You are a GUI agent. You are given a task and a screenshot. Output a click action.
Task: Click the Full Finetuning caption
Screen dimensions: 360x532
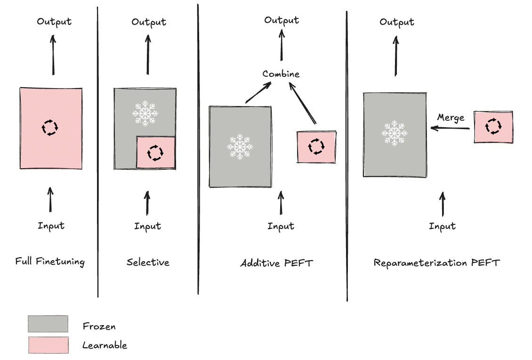[50, 262]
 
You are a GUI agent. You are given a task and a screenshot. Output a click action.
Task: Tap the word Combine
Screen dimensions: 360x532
[281, 74]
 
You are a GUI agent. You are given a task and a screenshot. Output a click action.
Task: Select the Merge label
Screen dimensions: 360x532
[451, 117]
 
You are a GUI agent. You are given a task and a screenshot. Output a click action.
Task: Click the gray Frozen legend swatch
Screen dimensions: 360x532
[48, 324]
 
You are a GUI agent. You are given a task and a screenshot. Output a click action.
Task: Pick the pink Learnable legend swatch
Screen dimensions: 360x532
[48, 345]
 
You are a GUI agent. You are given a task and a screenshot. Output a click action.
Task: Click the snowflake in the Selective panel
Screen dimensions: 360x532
[145, 113]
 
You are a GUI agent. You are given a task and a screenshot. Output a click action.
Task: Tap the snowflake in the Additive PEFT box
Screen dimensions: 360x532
[240, 146]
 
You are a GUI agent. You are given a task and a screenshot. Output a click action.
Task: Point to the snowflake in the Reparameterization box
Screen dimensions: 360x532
[395, 133]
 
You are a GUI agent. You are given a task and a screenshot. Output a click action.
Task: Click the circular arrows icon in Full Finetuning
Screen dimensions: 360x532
[50, 127]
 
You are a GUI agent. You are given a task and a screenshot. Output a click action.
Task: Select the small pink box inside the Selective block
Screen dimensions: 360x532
[155, 152]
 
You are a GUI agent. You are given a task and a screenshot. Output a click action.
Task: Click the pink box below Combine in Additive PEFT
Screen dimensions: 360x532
[316, 147]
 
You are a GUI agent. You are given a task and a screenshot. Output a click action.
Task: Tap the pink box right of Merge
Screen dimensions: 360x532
[493, 127]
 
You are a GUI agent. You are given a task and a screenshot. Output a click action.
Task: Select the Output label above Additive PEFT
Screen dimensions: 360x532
[282, 20]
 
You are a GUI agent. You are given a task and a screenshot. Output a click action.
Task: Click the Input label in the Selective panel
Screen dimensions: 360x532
[148, 226]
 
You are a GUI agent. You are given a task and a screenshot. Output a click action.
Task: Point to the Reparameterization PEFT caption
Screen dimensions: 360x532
[436, 262]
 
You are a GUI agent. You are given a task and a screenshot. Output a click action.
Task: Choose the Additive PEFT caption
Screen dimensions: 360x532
[276, 263]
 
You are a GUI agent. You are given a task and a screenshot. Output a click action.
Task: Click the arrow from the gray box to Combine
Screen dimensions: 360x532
[258, 92]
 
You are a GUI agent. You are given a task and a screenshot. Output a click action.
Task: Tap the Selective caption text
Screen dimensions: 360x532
[148, 262]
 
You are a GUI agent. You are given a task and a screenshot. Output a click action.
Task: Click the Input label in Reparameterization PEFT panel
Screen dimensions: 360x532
[442, 226]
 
